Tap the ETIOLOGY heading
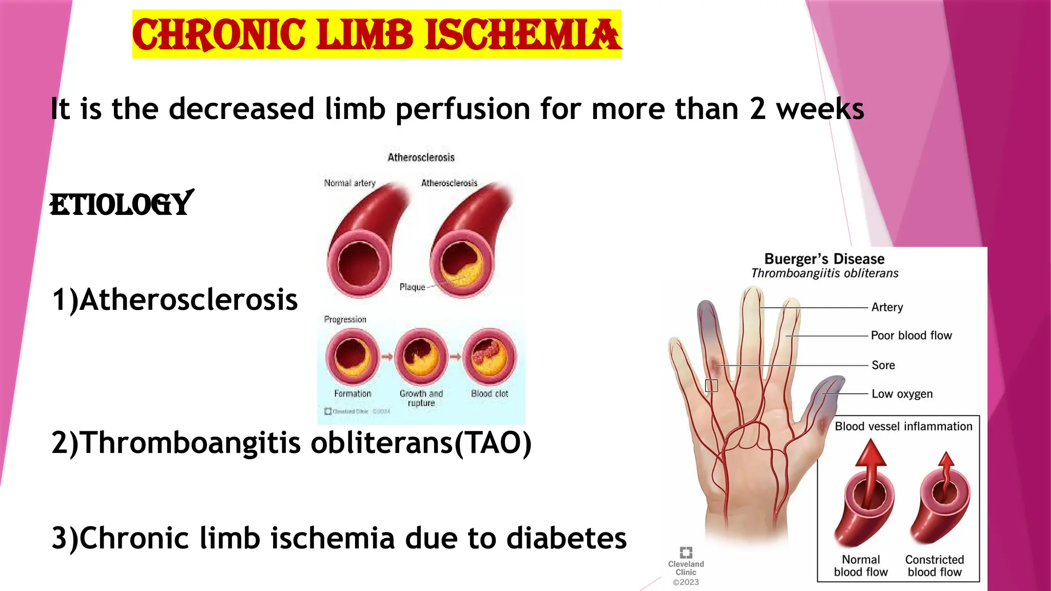click(x=121, y=204)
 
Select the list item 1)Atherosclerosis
click(x=174, y=300)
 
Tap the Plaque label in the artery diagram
click(x=412, y=287)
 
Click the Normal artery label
click(x=349, y=183)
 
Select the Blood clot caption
click(x=490, y=393)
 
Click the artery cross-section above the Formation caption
click(x=352, y=357)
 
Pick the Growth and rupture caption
click(x=421, y=398)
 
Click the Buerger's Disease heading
click(x=824, y=259)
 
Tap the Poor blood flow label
click(x=911, y=336)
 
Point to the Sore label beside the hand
click(x=883, y=365)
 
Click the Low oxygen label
click(x=902, y=394)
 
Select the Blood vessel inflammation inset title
click(x=903, y=426)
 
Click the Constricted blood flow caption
click(x=935, y=566)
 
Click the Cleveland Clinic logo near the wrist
click(x=686, y=553)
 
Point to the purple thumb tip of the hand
click(x=829, y=390)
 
